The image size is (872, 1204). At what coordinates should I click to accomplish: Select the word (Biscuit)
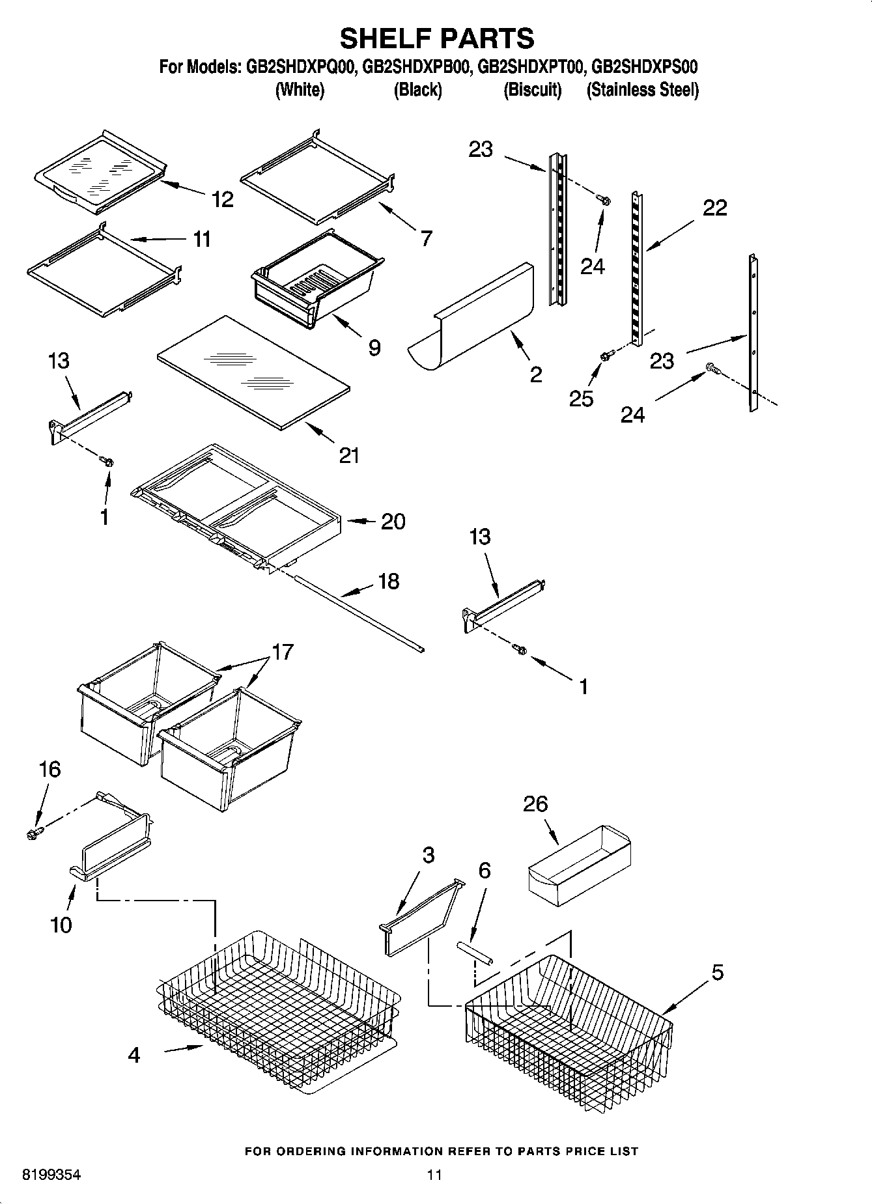coord(532,90)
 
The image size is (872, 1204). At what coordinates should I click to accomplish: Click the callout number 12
coord(223,199)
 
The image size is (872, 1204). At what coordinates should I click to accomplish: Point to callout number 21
coord(349,455)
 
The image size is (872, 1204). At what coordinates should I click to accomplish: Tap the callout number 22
coord(714,208)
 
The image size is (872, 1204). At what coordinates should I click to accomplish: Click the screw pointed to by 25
coord(607,355)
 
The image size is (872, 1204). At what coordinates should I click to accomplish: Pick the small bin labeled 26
coord(580,866)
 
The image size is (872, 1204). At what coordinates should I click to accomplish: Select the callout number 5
coord(717,972)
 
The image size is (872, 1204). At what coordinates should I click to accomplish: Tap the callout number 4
coord(134,1055)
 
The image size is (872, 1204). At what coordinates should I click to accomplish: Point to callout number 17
coord(283,651)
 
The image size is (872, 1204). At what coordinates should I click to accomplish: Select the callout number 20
coord(393,521)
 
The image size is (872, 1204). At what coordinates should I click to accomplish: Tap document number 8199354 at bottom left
coord(51,1175)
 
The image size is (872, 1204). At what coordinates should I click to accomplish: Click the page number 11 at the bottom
coord(434,1175)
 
